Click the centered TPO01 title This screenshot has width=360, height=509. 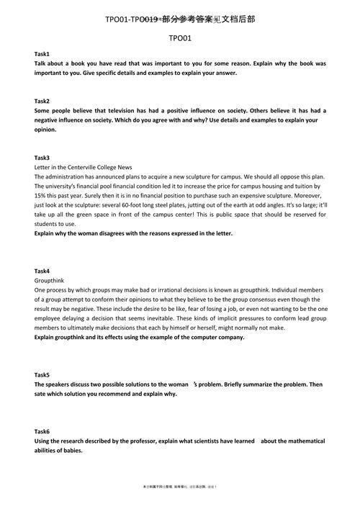[180, 37]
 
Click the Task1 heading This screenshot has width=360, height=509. [42, 55]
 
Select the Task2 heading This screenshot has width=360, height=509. [42, 101]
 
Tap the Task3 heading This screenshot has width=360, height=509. [42, 158]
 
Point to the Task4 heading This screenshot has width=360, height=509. [42, 271]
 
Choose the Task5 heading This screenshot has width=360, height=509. [42, 375]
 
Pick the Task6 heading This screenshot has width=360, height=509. [42, 431]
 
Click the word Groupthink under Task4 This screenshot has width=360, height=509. [50, 280]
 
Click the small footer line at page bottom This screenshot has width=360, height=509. [180, 487]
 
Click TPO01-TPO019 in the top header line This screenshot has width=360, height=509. [132, 19]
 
